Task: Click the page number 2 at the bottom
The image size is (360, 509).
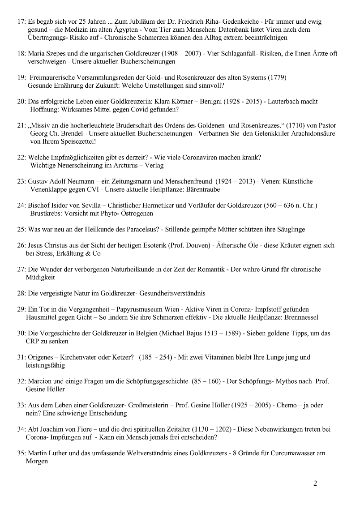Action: coord(315,483)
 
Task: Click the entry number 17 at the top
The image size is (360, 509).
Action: coord(21,21)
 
